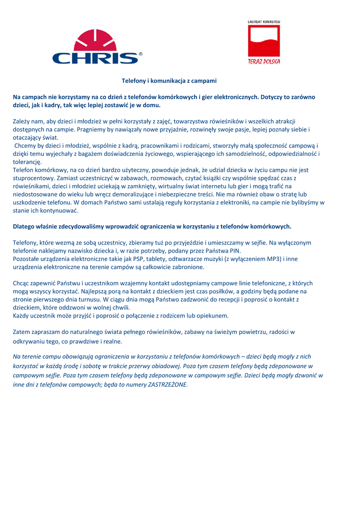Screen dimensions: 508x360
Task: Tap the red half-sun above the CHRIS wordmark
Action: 97,40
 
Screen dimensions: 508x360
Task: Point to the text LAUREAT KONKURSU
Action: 264,22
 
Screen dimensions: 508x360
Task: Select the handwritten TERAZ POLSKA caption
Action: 264,62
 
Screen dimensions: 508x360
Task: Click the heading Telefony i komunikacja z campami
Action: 169,80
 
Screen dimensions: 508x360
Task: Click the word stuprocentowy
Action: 34,178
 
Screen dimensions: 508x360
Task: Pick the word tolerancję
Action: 27,162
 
